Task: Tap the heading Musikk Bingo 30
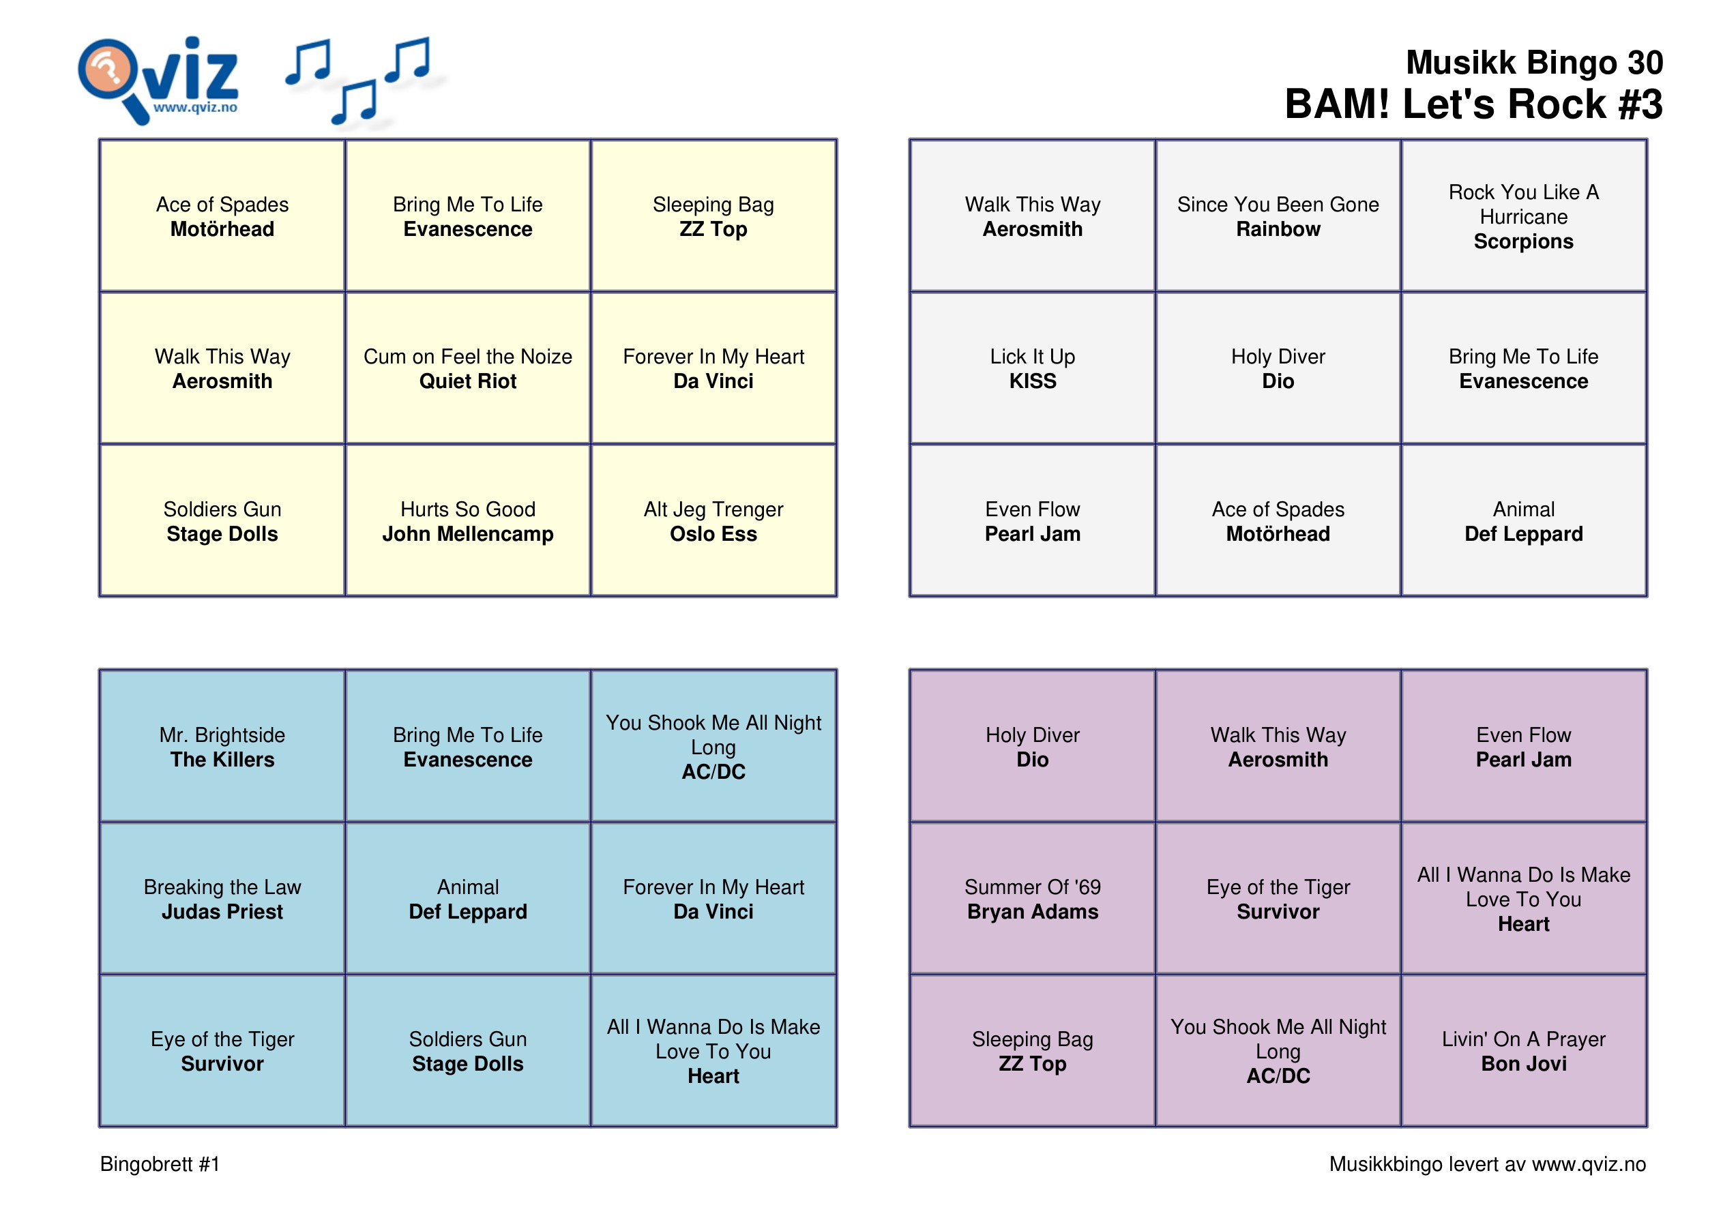pyautogui.click(x=1534, y=62)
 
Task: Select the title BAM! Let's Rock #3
pyautogui.click(x=1474, y=104)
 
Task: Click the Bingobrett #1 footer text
pyautogui.click(x=160, y=1164)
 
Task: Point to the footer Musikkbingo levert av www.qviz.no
pyautogui.click(x=1488, y=1164)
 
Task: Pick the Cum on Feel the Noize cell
pyautogui.click(x=469, y=368)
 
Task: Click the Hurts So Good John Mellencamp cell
pyautogui.click(x=469, y=521)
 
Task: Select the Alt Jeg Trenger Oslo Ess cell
pyautogui.click(x=713, y=521)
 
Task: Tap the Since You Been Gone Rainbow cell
pyautogui.click(x=1278, y=216)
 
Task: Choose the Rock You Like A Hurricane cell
pyautogui.click(x=1523, y=216)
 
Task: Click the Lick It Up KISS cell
pyautogui.click(x=1033, y=368)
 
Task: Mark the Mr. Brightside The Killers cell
pyautogui.click(x=222, y=747)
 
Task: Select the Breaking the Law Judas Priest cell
pyautogui.click(x=222, y=899)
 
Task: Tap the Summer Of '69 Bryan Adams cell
pyautogui.click(x=1033, y=899)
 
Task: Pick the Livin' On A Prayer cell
pyautogui.click(x=1523, y=1051)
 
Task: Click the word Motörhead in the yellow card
pyautogui.click(x=222, y=229)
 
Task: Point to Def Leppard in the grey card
pyautogui.click(x=1523, y=533)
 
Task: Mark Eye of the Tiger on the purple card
pyautogui.click(x=1278, y=887)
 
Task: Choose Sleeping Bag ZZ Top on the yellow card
pyautogui.click(x=713, y=216)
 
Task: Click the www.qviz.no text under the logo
pyautogui.click(x=195, y=107)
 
